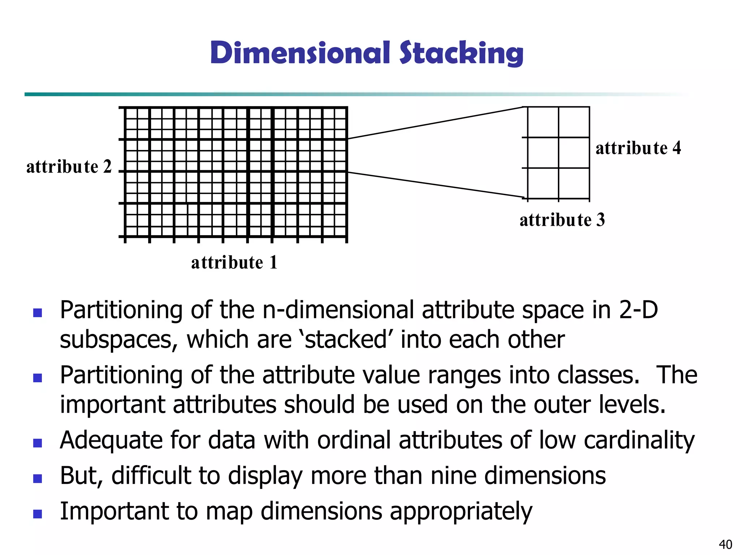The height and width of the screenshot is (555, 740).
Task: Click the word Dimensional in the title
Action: (x=300, y=53)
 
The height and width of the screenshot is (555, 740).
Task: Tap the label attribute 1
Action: (x=234, y=262)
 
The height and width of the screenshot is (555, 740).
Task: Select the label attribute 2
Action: (x=69, y=167)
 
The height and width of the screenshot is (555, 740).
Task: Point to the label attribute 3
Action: (x=562, y=220)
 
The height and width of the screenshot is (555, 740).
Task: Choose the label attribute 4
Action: (x=638, y=148)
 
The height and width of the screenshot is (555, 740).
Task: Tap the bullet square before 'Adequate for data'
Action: (x=38, y=443)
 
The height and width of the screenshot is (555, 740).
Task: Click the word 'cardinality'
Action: (x=639, y=440)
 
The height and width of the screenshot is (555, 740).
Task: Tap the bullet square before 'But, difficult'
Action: (x=38, y=478)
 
